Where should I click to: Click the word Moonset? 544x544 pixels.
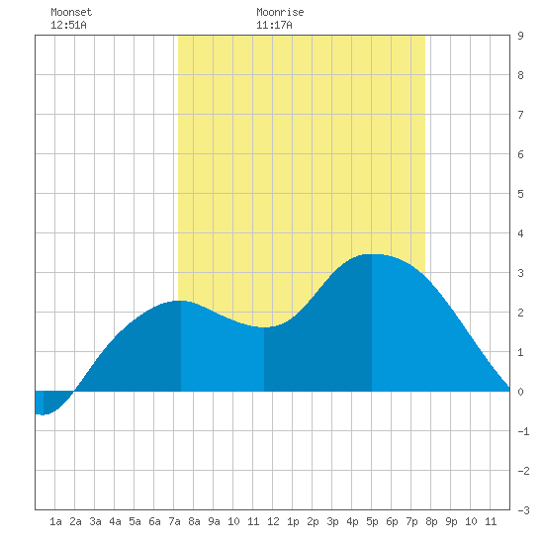71,12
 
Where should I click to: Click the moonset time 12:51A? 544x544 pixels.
68,25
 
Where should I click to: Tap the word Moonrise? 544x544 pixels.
280,12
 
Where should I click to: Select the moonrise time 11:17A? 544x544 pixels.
274,25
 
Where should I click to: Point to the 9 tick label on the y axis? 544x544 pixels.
520,36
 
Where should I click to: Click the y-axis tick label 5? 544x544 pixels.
520,194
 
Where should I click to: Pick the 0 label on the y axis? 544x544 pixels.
520,392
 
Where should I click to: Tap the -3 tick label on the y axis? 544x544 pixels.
523,510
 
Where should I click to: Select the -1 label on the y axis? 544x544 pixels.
523,431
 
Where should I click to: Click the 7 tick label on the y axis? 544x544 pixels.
520,115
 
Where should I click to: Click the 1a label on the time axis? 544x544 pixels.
55,521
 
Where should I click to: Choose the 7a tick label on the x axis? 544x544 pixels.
174,521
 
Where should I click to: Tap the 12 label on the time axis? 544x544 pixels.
273,521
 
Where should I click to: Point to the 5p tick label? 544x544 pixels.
372,521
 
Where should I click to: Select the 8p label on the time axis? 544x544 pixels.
431,521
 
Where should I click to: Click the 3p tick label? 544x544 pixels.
332,521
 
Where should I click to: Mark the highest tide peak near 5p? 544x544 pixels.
372,254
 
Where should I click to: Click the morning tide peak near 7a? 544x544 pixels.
181,301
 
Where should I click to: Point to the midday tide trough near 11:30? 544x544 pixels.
264,327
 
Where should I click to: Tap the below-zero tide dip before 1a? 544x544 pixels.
43,414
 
